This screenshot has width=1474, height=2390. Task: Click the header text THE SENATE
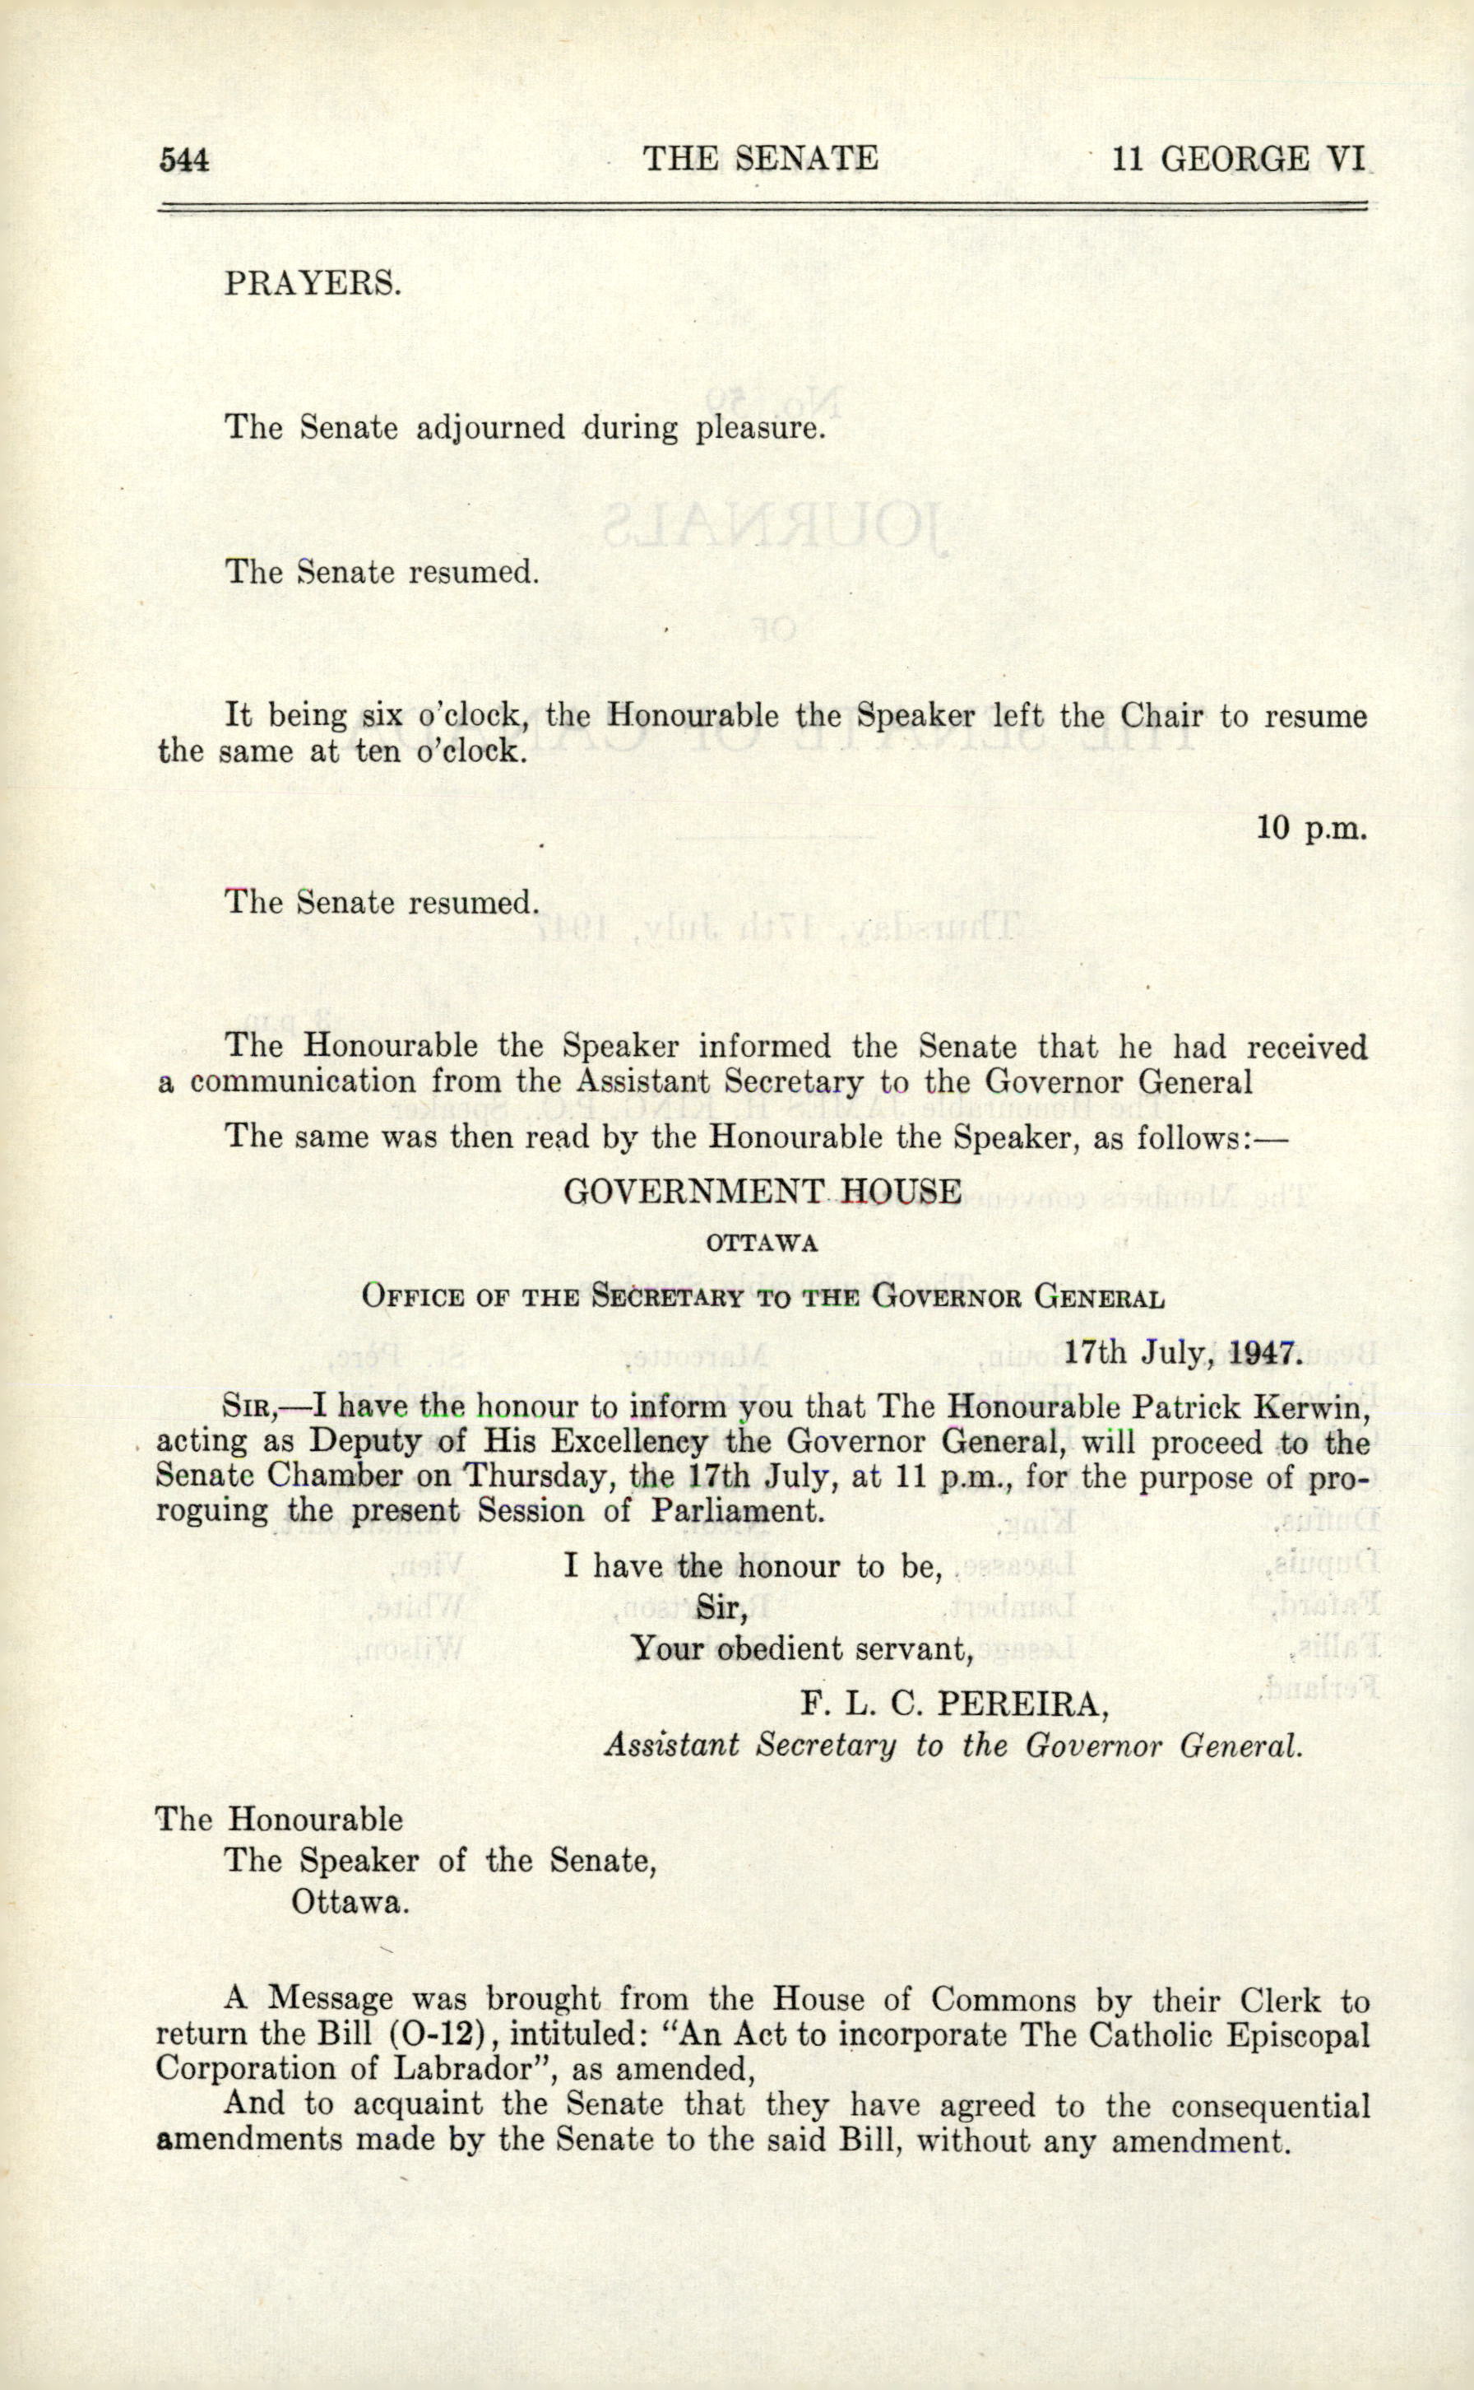click(759, 158)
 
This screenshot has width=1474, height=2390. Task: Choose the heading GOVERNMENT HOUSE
click(762, 1192)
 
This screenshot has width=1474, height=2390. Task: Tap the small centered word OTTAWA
click(762, 1244)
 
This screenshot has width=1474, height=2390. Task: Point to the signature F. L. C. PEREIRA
click(954, 1704)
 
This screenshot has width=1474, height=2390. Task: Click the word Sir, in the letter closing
click(721, 1607)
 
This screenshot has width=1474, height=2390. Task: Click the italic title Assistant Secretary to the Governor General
click(953, 1745)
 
